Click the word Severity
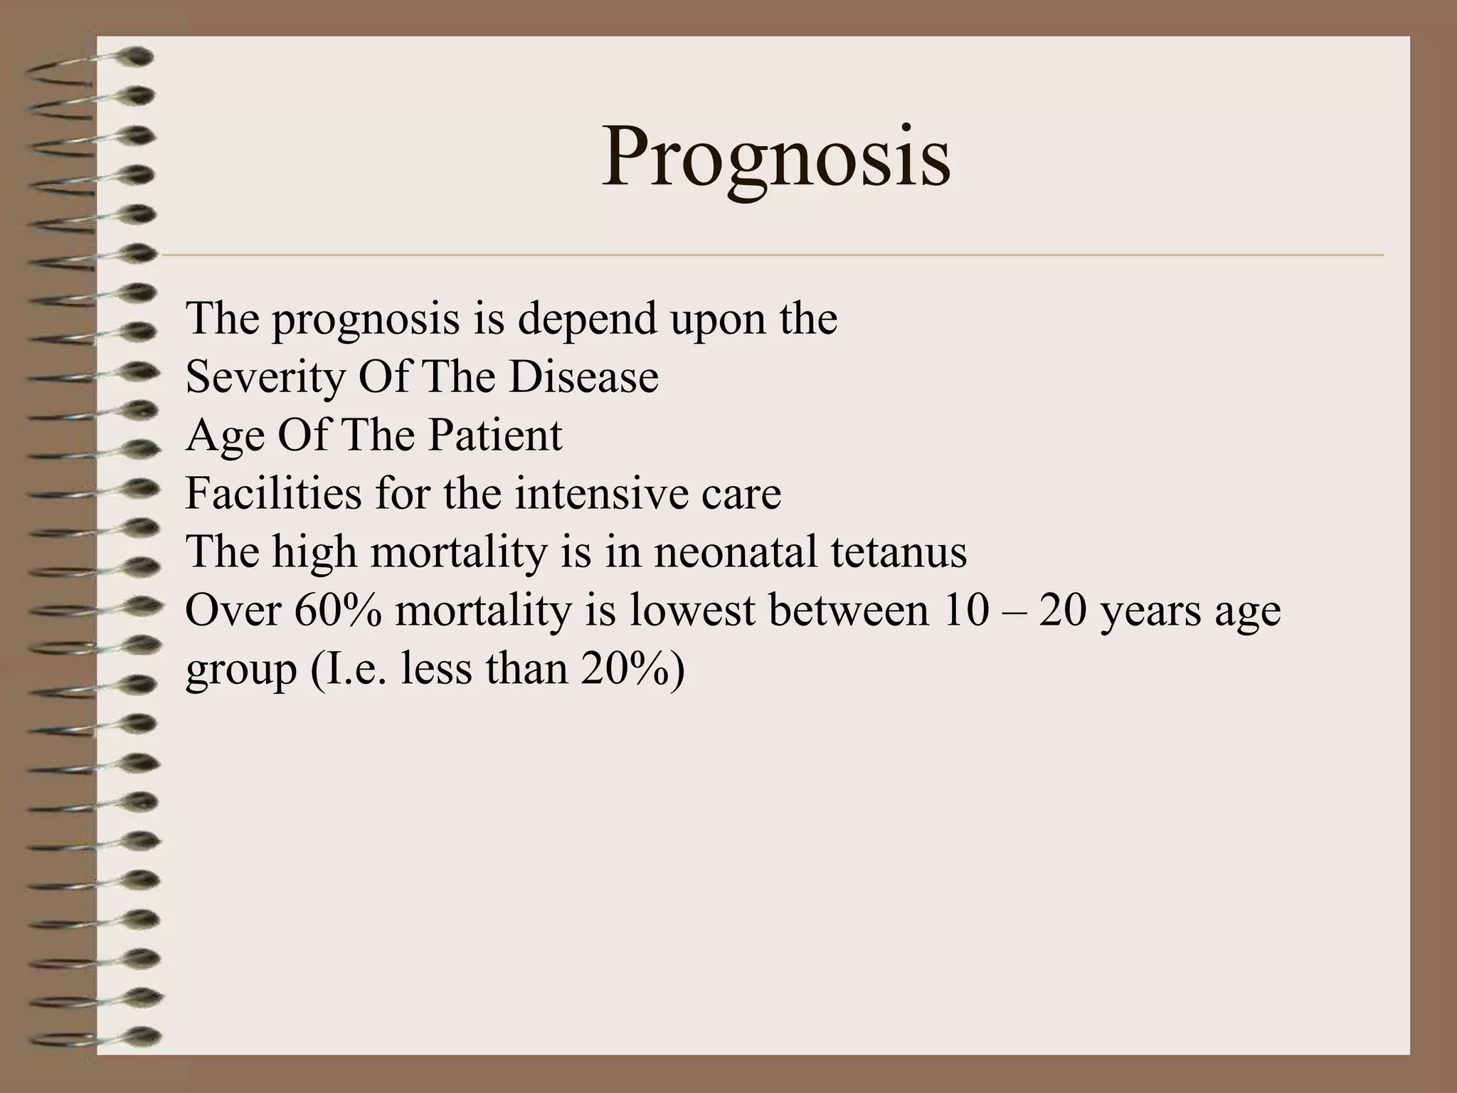264,377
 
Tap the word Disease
583,377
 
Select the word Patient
494,435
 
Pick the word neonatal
735,551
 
